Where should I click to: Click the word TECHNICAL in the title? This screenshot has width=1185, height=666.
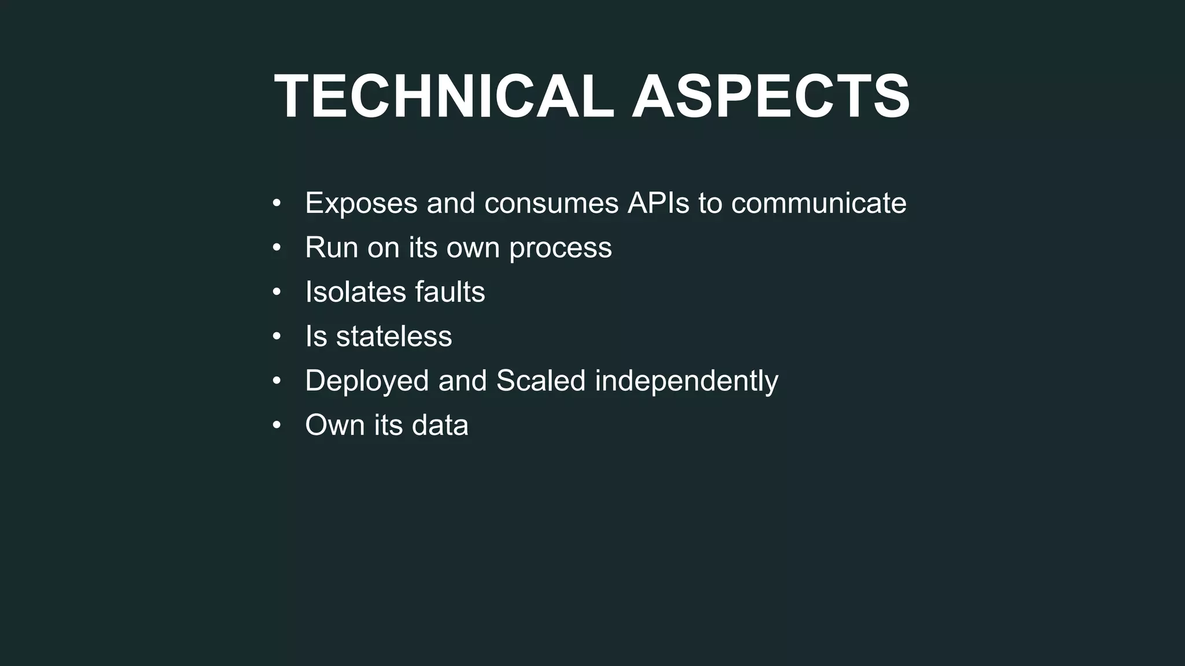[444, 97]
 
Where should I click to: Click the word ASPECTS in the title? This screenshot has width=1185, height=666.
[771, 97]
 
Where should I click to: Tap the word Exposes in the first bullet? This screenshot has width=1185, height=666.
[361, 203]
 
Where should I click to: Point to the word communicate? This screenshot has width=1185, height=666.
[819, 203]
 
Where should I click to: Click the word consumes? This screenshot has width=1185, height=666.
[552, 203]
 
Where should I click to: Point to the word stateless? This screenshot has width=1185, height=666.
[394, 336]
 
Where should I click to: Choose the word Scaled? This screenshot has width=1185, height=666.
[541, 381]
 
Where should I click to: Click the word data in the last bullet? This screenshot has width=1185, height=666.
[440, 425]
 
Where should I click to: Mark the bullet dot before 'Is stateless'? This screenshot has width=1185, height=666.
[277, 336]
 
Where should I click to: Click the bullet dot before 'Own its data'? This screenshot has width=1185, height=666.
[277, 425]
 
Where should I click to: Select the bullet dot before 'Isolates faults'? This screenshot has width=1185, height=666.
[277, 292]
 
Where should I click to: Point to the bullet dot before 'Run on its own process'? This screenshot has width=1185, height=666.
[277, 247]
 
